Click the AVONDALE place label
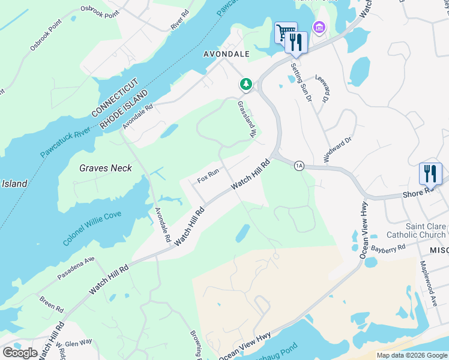(x=224, y=53)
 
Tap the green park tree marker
(x=246, y=85)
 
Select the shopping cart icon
(x=285, y=32)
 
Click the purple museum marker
(x=318, y=27)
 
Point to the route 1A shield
(x=298, y=166)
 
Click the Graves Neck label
(x=106, y=168)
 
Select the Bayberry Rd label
(x=388, y=247)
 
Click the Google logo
(x=20, y=353)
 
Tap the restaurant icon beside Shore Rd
(x=430, y=173)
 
